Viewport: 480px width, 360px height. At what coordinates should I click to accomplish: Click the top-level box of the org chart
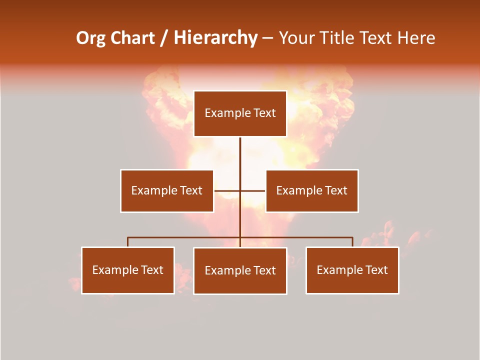tap(240, 113)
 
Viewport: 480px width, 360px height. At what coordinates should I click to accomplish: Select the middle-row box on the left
tap(167, 191)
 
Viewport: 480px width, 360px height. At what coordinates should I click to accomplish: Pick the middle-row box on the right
tap(312, 191)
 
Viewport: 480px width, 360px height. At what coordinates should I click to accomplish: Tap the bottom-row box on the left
tap(128, 270)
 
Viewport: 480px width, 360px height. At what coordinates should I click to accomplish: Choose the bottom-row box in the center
tap(240, 271)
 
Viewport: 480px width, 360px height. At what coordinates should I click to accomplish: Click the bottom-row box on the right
tap(352, 270)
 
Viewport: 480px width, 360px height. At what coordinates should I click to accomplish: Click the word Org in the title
tap(90, 38)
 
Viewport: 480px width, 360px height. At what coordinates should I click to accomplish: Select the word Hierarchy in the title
tap(215, 38)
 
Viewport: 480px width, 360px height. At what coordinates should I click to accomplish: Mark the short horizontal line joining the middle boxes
tap(227, 191)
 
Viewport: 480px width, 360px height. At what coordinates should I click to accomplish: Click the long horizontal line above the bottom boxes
tap(185, 237)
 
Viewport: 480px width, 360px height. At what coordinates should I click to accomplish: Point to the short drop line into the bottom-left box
tap(128, 242)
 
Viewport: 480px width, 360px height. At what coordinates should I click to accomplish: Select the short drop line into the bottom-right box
tap(352, 242)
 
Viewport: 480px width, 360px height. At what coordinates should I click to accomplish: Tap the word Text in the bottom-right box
tap(376, 270)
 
